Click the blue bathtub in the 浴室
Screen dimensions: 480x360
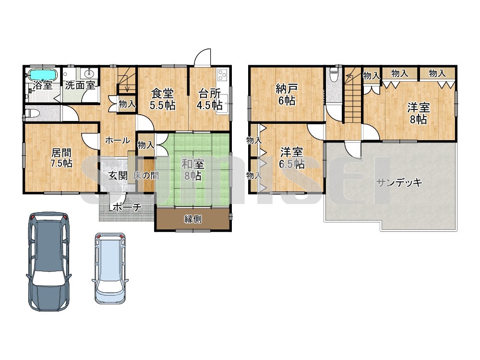pyautogui.click(x=42, y=74)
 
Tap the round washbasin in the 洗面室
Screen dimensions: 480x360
pyautogui.click(x=90, y=73)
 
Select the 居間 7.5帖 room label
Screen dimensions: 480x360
pyautogui.click(x=61, y=157)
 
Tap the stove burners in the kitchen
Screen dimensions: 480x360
pyautogui.click(x=222, y=75)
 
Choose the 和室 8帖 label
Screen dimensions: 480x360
pyautogui.click(x=192, y=170)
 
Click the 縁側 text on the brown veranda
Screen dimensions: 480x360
pyautogui.click(x=193, y=219)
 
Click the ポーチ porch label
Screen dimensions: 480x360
pyautogui.click(x=127, y=207)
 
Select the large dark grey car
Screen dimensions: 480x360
pyautogui.click(x=48, y=261)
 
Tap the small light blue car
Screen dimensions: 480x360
pyautogui.click(x=110, y=268)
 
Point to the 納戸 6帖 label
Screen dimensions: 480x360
pyautogui.click(x=287, y=95)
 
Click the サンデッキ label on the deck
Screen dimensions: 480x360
pyautogui.click(x=399, y=183)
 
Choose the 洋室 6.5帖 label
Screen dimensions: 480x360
pyautogui.click(x=291, y=158)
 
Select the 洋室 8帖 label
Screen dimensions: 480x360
pyautogui.click(x=419, y=113)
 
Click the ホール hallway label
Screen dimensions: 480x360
pyautogui.click(x=118, y=141)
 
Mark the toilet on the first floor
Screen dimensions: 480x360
pyautogui.click(x=32, y=113)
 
